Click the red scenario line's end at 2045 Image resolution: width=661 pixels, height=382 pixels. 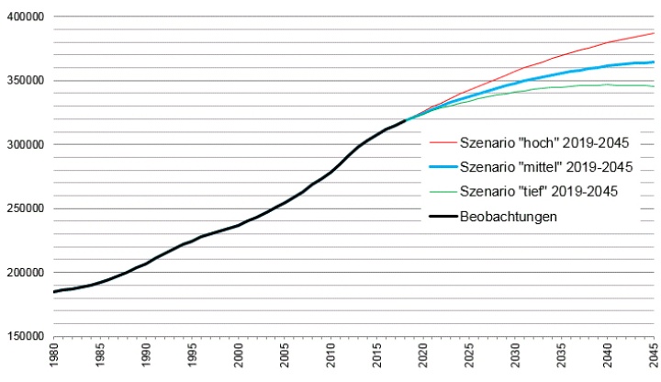point(653,33)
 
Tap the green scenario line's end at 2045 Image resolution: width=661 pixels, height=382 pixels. point(653,86)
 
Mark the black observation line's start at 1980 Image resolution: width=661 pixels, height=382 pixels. point(55,291)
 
